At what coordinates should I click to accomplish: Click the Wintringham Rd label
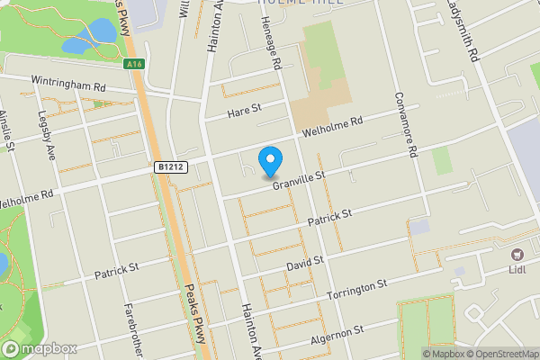(x=68, y=81)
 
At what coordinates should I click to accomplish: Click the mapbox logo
(x=39, y=348)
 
